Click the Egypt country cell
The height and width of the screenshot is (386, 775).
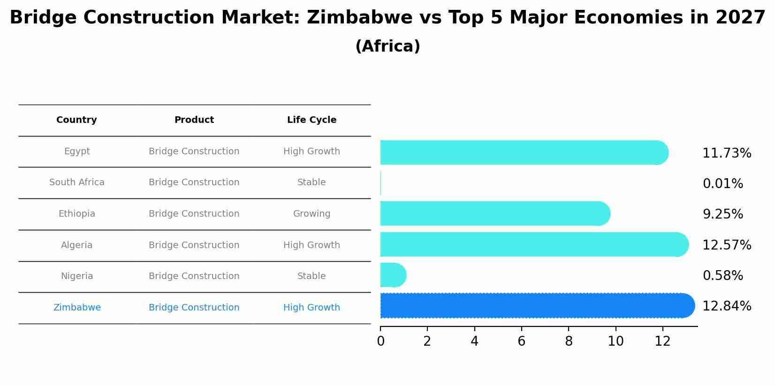[x=77, y=151]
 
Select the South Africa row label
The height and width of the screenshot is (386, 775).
[x=77, y=182]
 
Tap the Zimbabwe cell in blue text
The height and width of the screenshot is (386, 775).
[x=77, y=308]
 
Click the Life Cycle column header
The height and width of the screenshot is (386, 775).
[x=312, y=120]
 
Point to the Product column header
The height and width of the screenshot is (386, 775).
[x=194, y=120]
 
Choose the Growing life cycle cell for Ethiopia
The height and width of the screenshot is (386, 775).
[x=312, y=214]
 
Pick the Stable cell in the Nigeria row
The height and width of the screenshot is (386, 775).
[x=312, y=276]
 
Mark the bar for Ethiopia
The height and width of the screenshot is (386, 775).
[x=493, y=213]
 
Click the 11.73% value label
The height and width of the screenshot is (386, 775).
[x=727, y=153]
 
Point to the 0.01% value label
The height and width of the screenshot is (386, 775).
[x=722, y=184]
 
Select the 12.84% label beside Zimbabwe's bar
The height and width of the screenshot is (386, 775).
[x=727, y=306]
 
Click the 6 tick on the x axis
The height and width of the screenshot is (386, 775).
[x=521, y=341]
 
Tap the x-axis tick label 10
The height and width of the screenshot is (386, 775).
[x=615, y=341]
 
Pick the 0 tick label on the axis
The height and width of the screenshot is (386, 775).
[x=380, y=341]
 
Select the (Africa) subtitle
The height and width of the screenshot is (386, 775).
[x=387, y=46]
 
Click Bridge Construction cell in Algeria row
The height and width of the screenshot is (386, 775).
[x=194, y=245]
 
